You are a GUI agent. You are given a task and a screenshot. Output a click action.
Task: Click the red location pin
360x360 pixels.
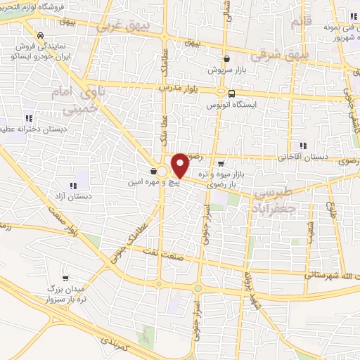[x=180, y=165]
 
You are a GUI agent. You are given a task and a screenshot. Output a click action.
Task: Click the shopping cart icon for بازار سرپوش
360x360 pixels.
[x=226, y=60]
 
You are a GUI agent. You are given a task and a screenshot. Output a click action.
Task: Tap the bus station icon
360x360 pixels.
[x=231, y=94]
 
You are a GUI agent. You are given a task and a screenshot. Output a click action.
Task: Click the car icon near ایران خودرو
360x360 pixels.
[x=41, y=35]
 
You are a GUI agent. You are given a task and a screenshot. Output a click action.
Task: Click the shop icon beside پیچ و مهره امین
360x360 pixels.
[x=153, y=172]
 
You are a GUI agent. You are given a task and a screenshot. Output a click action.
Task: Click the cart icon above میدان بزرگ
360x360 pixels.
[x=66, y=278]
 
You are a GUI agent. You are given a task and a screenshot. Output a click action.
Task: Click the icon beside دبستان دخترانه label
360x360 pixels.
[x=29, y=118]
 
